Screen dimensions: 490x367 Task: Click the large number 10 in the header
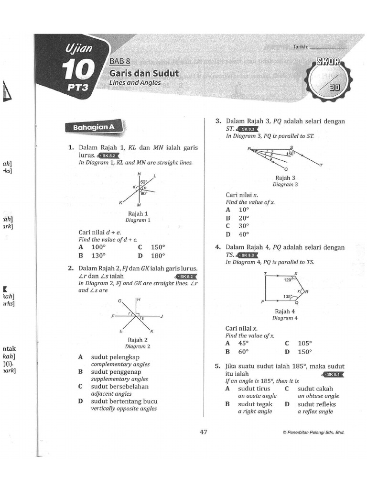coord(78,70)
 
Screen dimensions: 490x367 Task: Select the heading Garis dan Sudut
coord(144,73)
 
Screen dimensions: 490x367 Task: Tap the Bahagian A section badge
coord(94,128)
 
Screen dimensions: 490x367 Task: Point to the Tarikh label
coord(301,47)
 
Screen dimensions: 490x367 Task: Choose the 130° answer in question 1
coord(98,255)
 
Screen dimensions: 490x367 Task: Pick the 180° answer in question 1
coord(158,255)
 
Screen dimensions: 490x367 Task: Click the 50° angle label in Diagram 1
coord(143,182)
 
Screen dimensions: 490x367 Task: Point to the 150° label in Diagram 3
coord(290,154)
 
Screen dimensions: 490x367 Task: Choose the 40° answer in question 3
coord(244,234)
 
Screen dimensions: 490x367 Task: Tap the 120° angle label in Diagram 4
coord(288,280)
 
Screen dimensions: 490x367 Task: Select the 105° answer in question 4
coord(304,343)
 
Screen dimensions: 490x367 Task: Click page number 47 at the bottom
coord(204,432)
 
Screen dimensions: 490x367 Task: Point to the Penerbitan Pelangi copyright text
coord(313,432)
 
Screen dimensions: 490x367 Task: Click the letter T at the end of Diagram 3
coord(321,166)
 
